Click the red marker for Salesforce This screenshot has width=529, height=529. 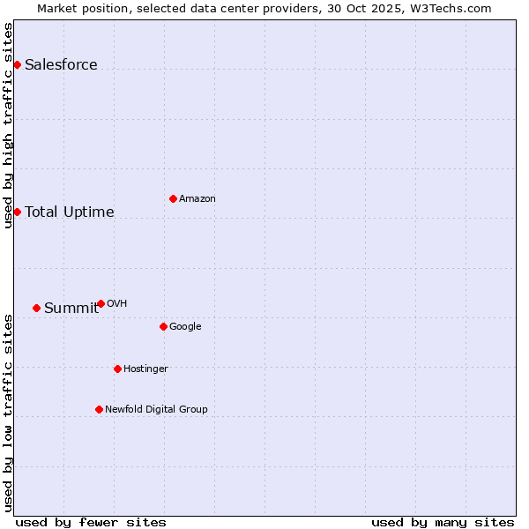point(17,64)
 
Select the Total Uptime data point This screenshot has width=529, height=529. point(17,212)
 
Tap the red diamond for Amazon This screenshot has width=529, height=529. point(173,198)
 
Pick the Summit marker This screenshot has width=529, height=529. point(36,308)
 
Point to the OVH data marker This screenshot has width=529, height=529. point(101,303)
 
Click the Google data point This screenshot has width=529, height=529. point(163,326)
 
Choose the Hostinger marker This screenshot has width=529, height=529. point(117,369)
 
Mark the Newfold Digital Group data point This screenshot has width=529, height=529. point(99,409)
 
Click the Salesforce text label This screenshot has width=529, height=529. point(61,64)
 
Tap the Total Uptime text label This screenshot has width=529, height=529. point(69,212)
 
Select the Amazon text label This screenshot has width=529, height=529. point(197,198)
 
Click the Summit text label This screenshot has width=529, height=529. point(71,308)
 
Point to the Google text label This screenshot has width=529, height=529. point(185,326)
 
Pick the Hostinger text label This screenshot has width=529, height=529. point(145,369)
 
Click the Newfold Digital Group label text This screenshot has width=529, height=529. point(156,409)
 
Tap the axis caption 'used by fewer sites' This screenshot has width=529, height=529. point(91,522)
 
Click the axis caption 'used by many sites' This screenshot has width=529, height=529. point(443,522)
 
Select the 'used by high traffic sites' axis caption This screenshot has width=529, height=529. point(8,125)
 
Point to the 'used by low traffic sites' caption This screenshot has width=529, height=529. point(8,413)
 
